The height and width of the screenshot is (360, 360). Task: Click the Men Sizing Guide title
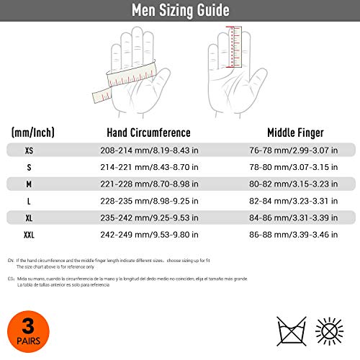click(180, 11)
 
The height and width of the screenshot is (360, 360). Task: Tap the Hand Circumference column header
click(148, 132)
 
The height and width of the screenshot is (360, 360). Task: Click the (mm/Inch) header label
click(32, 132)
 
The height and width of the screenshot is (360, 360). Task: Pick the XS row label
click(29, 150)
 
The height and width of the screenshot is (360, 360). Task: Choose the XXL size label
click(29, 236)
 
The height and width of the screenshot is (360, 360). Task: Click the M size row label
click(29, 185)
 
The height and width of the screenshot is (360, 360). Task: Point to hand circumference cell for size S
click(148, 168)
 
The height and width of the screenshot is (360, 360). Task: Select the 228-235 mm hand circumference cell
click(148, 202)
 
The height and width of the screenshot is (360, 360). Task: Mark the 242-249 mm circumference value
click(148, 236)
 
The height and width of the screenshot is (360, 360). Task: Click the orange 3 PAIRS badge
click(25, 333)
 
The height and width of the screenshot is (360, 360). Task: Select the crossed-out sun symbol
click(331, 331)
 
